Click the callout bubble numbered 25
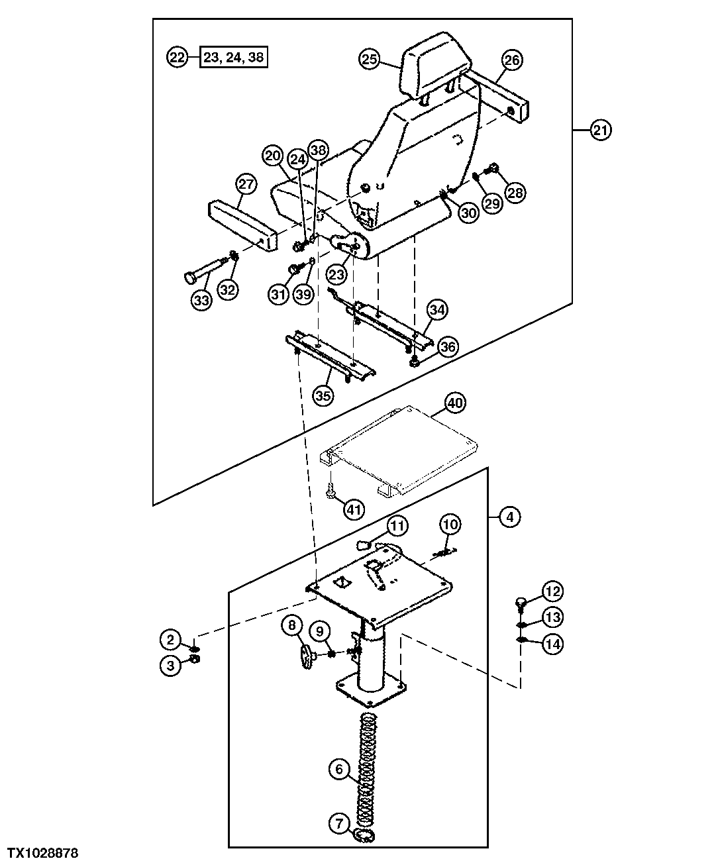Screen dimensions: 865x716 tap(370, 60)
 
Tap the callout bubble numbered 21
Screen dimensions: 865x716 tap(600, 130)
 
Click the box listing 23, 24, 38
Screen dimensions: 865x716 tap(234, 57)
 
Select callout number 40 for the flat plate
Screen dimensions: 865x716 tap(454, 402)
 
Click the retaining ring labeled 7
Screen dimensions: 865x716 tap(364, 836)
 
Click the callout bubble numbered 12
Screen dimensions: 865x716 tap(553, 590)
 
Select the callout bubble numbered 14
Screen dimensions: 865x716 tap(553, 644)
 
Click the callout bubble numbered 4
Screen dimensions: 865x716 tap(509, 516)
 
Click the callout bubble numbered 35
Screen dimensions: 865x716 tap(323, 396)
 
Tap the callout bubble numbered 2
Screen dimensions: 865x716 tap(170, 639)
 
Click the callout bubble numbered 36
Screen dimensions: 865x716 tap(448, 346)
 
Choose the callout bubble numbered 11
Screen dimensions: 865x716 tap(397, 527)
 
